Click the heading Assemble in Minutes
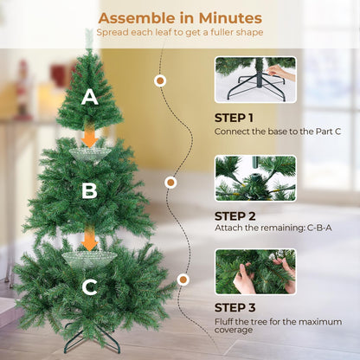click(179, 17)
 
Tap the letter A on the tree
click(89, 99)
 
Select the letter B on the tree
click(89, 191)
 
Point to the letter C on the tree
click(89, 285)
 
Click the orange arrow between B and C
click(89, 238)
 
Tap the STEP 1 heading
click(234, 117)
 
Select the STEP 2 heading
click(234, 215)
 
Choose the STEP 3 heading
click(234, 308)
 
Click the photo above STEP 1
click(255, 80)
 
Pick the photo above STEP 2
click(255, 178)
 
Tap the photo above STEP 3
click(255, 272)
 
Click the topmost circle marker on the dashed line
click(159, 80)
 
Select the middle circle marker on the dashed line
click(171, 183)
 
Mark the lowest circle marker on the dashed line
click(183, 280)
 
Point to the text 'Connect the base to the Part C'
click(272, 132)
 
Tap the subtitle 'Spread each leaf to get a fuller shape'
click(179, 33)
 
